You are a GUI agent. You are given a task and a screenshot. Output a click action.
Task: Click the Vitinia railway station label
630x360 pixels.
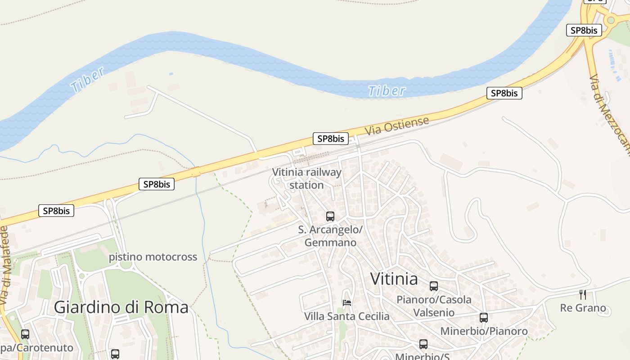(x=307, y=179)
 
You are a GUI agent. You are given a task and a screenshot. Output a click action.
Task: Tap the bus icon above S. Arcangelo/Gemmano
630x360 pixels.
(x=330, y=216)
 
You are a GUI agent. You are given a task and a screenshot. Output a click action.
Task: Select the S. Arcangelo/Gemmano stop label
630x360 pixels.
(x=330, y=236)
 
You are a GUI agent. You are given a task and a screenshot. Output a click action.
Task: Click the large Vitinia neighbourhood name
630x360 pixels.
(x=394, y=279)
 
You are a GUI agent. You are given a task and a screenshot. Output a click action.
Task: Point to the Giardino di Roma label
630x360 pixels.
(x=121, y=307)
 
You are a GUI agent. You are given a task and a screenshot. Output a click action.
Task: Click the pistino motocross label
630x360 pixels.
(x=153, y=257)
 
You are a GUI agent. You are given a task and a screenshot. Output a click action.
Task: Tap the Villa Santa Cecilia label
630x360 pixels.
(x=347, y=316)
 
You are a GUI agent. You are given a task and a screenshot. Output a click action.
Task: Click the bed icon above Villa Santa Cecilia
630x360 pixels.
(x=346, y=302)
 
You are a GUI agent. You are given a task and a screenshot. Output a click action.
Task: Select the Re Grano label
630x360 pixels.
(x=583, y=308)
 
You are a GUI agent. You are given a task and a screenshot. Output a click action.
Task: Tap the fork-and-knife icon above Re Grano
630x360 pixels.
(x=583, y=295)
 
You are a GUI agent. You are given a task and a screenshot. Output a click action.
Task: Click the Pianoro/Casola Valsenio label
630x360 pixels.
(x=434, y=306)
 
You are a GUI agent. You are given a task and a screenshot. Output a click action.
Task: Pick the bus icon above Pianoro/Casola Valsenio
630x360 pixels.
(x=434, y=286)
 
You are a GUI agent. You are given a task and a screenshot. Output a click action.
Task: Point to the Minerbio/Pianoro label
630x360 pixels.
(x=484, y=331)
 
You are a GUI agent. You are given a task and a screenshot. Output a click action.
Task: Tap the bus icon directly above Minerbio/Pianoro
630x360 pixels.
(x=484, y=318)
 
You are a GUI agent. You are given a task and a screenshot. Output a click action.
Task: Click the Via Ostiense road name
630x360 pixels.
(x=397, y=125)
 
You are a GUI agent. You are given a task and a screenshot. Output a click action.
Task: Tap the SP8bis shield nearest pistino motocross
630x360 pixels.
(x=156, y=184)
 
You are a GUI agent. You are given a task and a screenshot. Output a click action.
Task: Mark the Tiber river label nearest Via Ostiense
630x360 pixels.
(x=387, y=91)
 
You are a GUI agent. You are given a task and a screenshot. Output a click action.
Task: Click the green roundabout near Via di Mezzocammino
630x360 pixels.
(x=611, y=20)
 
